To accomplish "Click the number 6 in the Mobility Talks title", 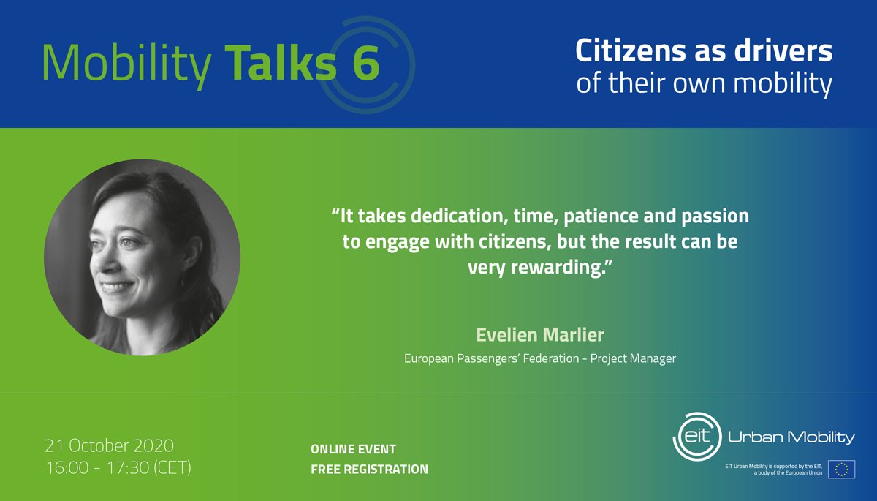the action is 365,63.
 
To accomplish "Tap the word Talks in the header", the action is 281,62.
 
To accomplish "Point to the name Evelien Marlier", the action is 540,334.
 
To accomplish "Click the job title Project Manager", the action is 633,358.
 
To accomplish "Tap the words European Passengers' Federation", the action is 491,358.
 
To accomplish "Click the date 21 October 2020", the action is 109,445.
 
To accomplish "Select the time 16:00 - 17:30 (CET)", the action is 118,467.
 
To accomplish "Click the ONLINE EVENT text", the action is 353,449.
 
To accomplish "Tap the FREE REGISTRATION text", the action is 369,470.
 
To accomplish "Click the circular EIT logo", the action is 697,436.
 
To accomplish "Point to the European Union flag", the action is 841,470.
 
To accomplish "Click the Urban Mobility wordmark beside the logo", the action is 791,437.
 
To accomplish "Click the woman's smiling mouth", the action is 115,286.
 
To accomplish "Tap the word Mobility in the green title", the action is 126,64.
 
